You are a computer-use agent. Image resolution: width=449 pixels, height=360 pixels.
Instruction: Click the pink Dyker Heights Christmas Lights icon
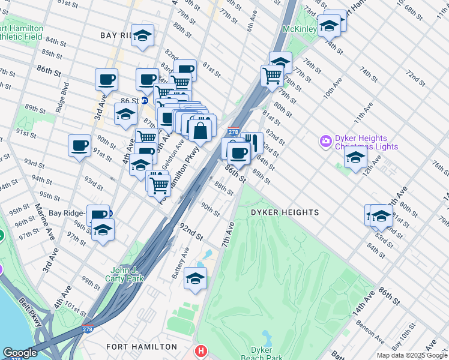[x=326, y=141]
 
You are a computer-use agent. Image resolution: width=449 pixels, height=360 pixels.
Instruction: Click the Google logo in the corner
[x=19, y=353]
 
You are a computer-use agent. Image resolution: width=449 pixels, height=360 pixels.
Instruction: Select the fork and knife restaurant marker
[x=252, y=143]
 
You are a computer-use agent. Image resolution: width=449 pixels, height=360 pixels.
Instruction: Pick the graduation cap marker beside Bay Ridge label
[x=142, y=35]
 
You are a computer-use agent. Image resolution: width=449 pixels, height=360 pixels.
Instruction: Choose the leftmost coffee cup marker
[x=80, y=146]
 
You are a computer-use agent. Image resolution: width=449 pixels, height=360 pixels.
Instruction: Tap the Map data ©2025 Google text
[x=411, y=355]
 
